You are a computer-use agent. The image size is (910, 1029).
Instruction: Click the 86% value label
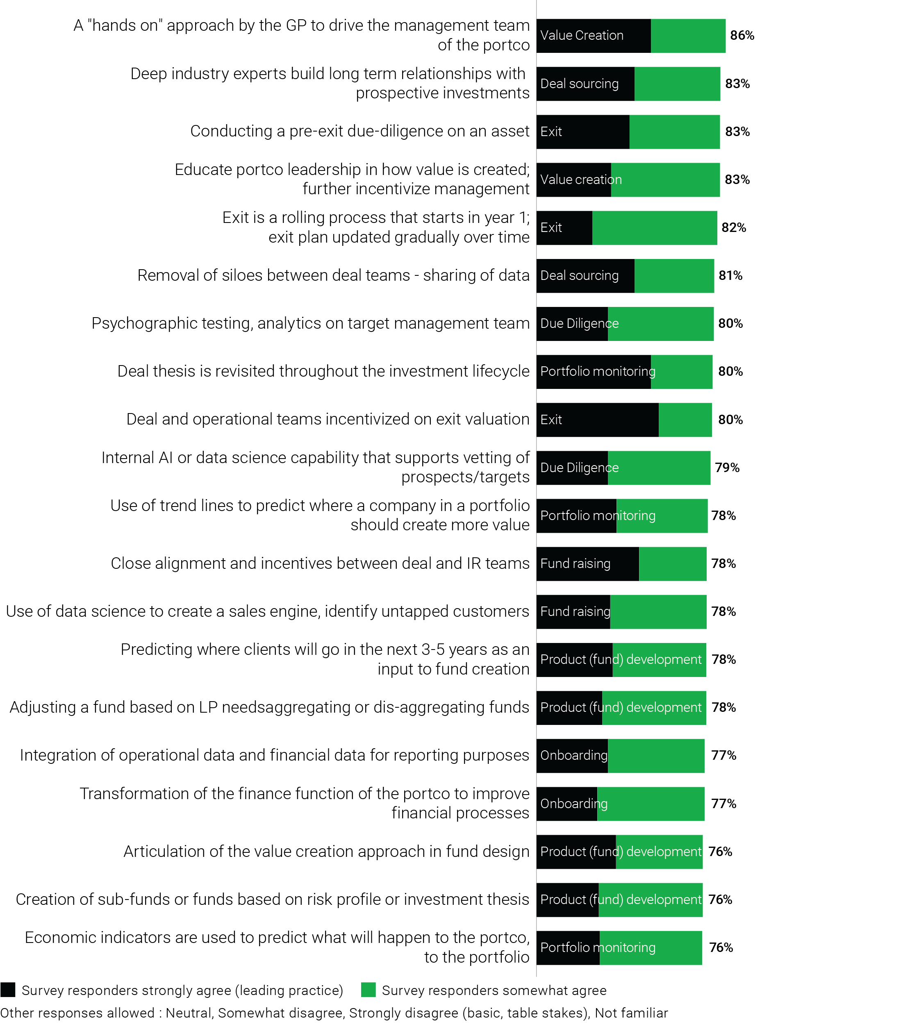coord(742,36)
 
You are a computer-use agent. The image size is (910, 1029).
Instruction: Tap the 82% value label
coord(733,228)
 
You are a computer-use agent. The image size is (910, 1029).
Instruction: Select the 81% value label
coord(730,276)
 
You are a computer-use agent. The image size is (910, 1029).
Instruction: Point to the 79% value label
coord(727,468)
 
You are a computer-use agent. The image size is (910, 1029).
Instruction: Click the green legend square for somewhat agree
coord(368,990)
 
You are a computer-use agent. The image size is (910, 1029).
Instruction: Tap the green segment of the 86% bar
coord(688,36)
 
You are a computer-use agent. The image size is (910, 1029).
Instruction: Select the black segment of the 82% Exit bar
coord(564,228)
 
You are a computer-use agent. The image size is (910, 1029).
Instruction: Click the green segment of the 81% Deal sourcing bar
coord(674,276)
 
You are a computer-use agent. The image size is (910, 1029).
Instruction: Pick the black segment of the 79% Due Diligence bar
coord(571,468)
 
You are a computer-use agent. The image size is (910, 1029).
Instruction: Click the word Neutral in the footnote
coord(188,1013)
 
